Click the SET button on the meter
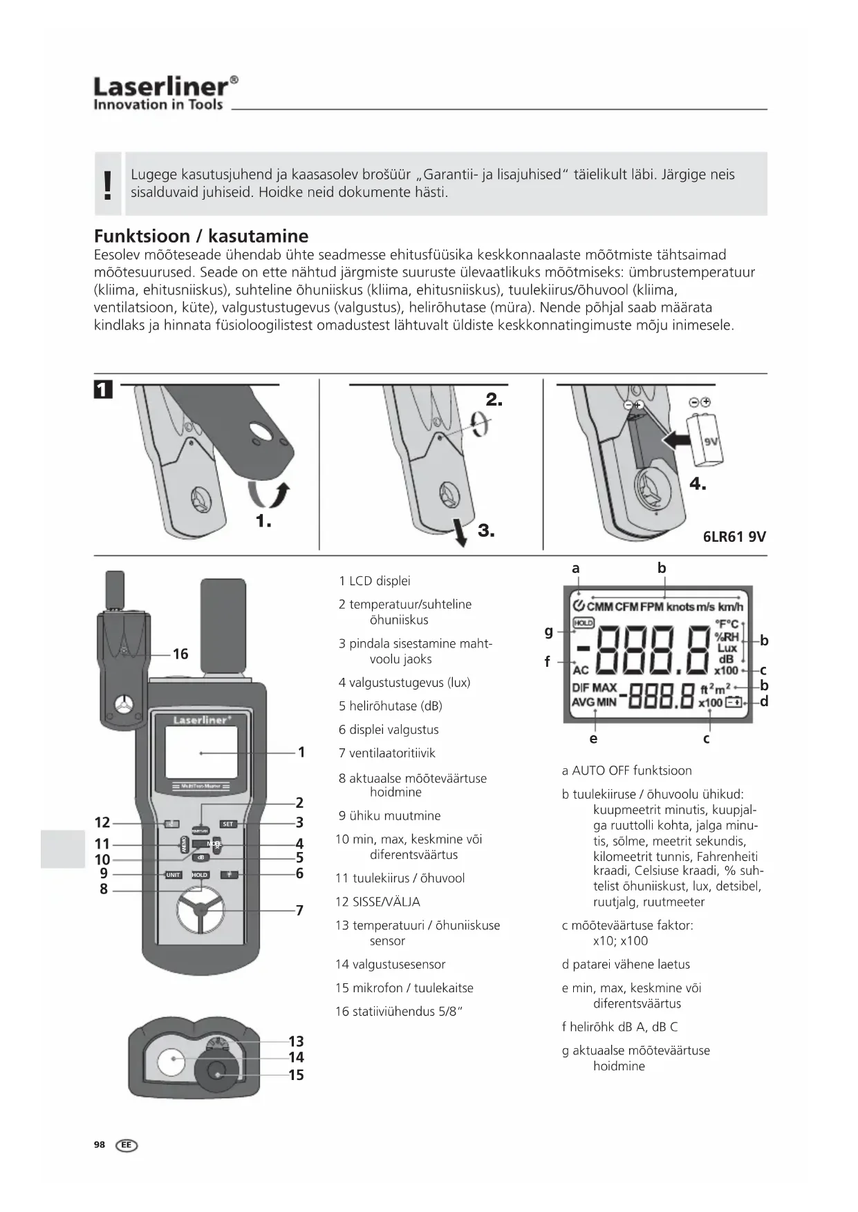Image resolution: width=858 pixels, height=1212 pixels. click(x=227, y=824)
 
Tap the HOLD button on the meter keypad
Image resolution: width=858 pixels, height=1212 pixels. click(x=200, y=875)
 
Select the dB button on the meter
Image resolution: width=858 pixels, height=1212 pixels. click(x=200, y=858)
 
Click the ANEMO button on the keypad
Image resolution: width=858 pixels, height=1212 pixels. click(x=185, y=844)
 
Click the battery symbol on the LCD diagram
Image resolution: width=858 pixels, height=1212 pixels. click(x=733, y=703)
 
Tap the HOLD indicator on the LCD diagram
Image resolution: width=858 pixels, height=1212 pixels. click(x=584, y=623)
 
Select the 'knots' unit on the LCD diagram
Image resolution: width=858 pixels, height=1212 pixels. click(x=680, y=607)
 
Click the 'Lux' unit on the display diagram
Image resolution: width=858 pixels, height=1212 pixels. click(x=727, y=648)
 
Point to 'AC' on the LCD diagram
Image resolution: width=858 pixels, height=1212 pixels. click(x=581, y=670)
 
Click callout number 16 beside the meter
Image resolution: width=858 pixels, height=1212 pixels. click(x=180, y=654)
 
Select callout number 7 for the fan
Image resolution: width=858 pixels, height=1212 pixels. click(x=299, y=910)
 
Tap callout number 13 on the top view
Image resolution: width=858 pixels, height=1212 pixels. click(x=296, y=1041)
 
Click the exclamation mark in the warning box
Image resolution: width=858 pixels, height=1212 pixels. click(x=107, y=184)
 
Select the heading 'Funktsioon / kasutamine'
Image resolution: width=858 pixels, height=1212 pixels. click(x=201, y=236)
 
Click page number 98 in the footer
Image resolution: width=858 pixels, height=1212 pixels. click(x=100, y=1145)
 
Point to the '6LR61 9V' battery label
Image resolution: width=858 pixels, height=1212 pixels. click(x=734, y=536)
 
